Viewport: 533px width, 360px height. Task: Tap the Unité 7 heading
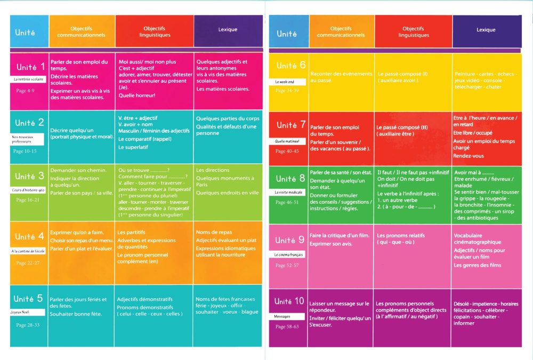pyautogui.click(x=290, y=125)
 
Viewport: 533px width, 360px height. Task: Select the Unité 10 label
pyautogui.click(x=290, y=301)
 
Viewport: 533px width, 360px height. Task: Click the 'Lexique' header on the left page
pyautogui.click(x=228, y=30)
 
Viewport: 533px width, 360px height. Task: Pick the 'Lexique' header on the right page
pyautogui.click(x=486, y=30)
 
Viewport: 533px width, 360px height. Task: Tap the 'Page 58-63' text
pyautogui.click(x=288, y=326)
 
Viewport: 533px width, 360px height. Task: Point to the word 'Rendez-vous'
pyautogui.click(x=468, y=156)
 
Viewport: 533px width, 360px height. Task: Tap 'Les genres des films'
pyautogui.click(x=478, y=265)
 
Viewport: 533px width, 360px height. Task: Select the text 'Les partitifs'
pyautogui.click(x=131, y=233)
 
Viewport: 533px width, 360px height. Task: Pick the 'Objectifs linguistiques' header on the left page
pyautogui.click(x=155, y=31)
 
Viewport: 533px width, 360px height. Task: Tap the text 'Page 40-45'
pyautogui.click(x=288, y=151)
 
